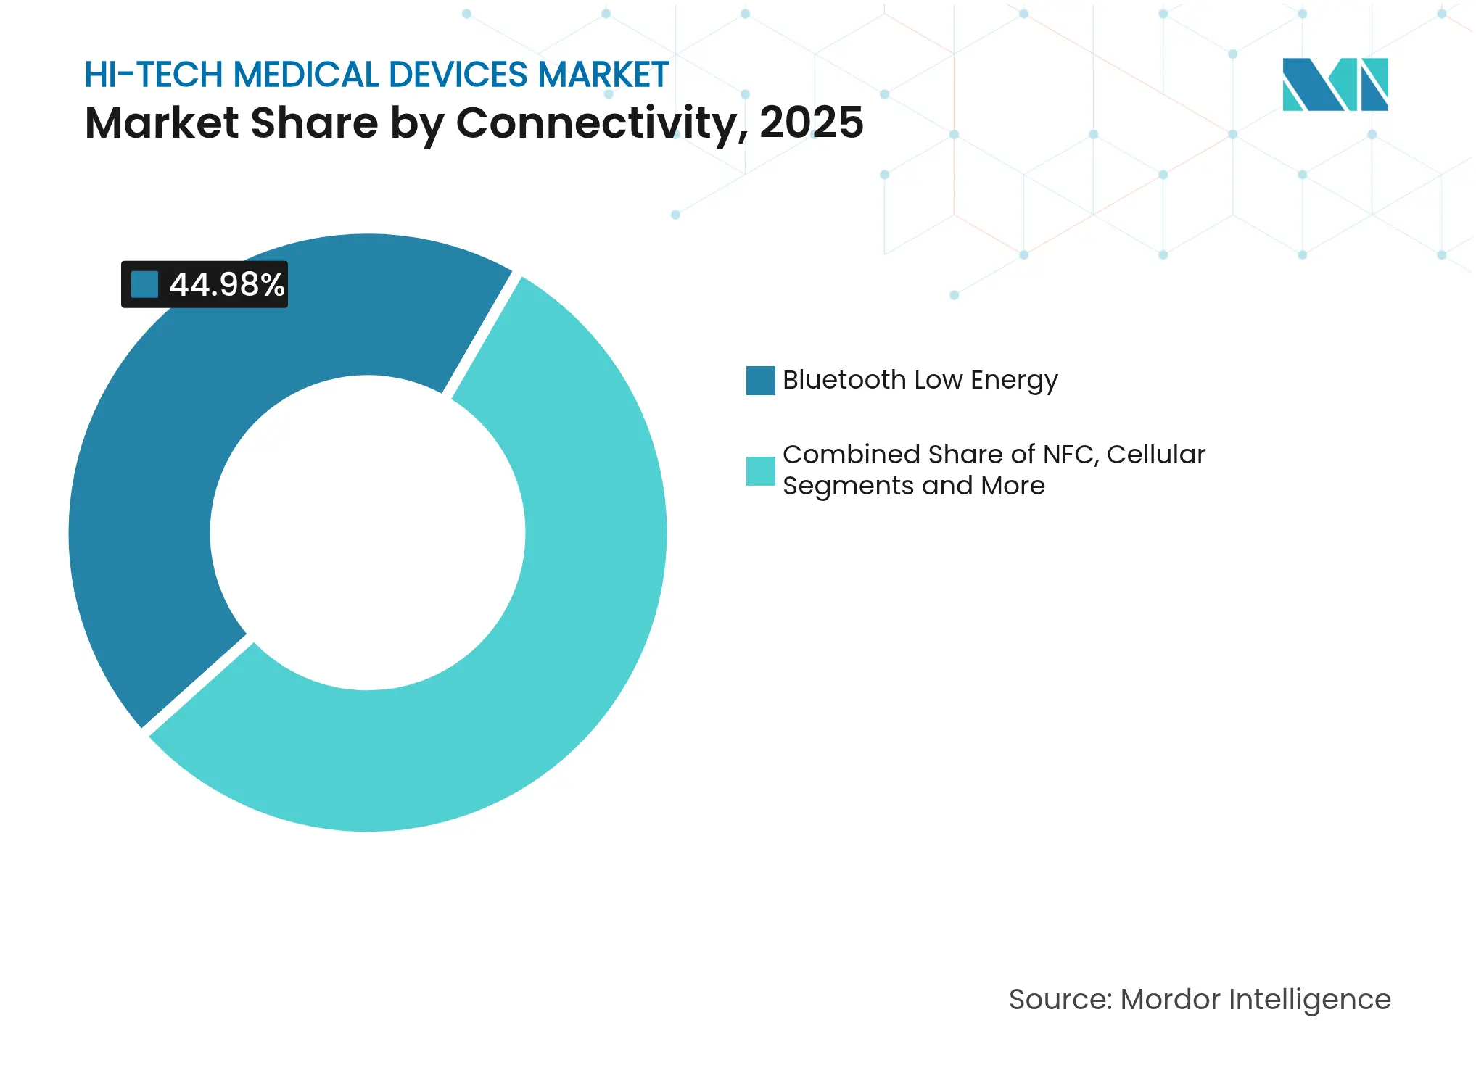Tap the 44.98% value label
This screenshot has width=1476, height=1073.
226,285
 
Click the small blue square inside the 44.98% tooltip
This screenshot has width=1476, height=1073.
144,284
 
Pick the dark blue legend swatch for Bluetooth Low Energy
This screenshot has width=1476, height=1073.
760,381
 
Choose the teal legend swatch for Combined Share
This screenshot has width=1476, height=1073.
760,471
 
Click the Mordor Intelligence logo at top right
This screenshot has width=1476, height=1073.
1335,85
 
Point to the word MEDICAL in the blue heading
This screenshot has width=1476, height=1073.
305,75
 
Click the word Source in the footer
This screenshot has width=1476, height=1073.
1060,1000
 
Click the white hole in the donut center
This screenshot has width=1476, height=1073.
368,533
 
